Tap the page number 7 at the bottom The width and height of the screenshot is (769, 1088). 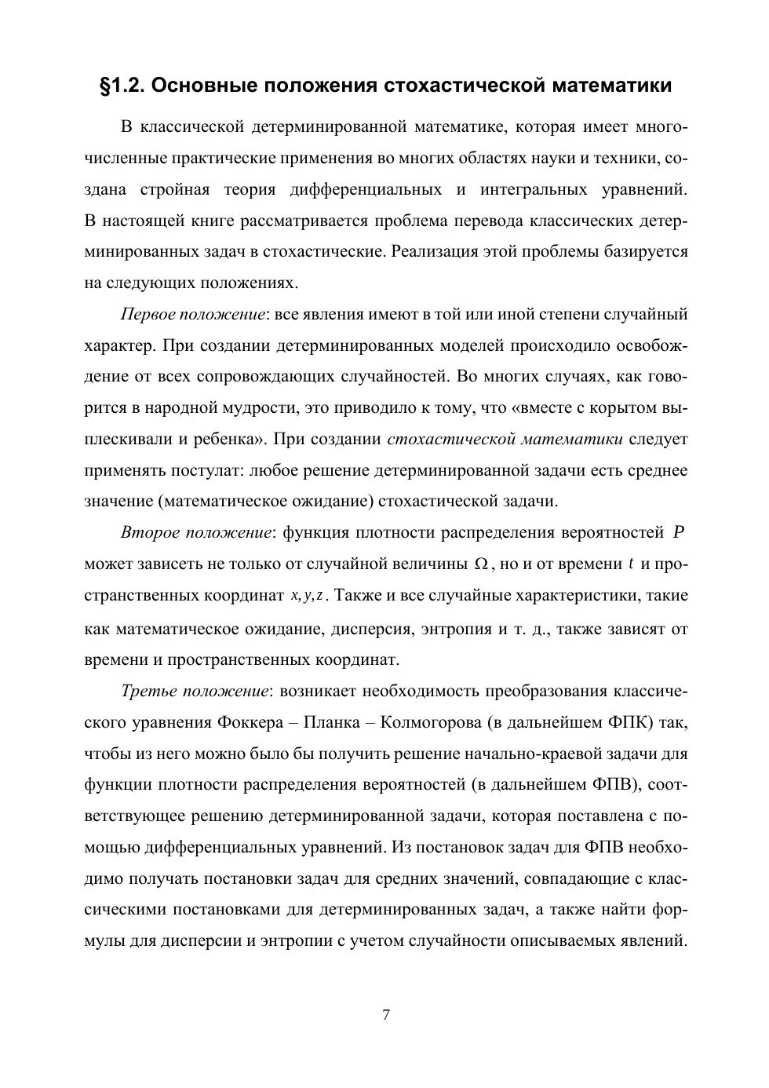pyautogui.click(x=385, y=1014)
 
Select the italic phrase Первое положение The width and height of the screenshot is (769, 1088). pyautogui.click(x=192, y=315)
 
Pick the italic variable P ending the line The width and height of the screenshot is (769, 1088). pyautogui.click(x=680, y=533)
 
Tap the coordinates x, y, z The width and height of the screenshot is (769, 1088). pyautogui.click(x=308, y=596)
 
